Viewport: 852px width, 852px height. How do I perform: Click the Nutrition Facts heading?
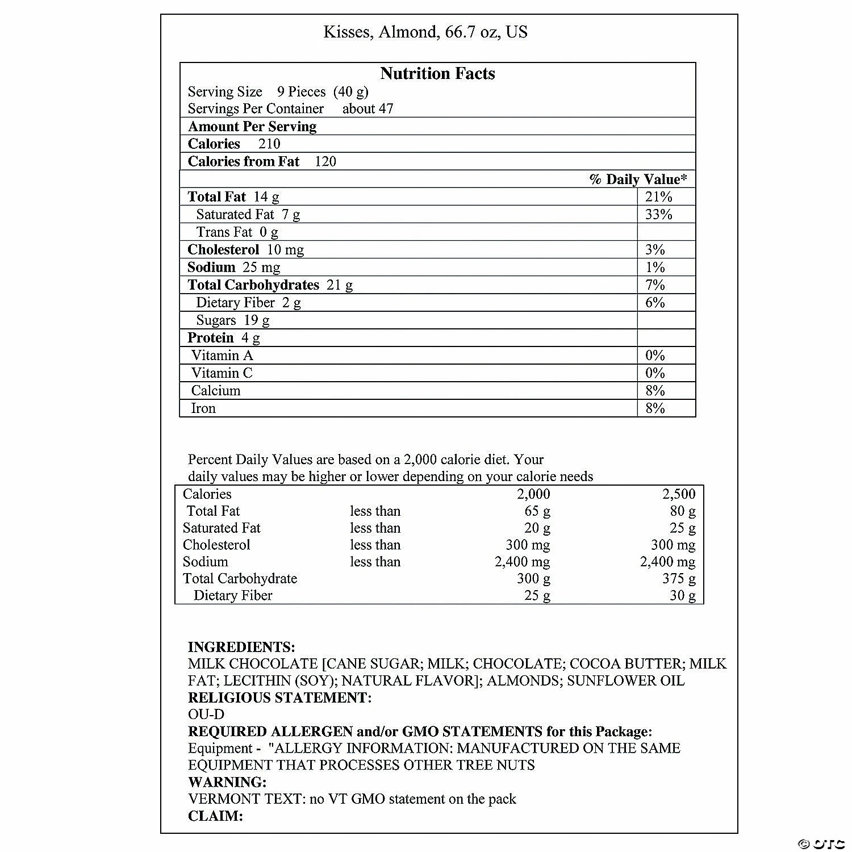(437, 74)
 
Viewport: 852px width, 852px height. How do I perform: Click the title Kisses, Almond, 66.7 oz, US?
(425, 32)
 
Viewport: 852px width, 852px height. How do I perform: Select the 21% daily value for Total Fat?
(658, 197)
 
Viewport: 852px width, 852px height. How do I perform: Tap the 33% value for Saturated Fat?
(658, 215)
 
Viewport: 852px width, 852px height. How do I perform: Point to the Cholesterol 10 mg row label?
(245, 250)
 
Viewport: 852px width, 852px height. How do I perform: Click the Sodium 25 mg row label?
(233, 268)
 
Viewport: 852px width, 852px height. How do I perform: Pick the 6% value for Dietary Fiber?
(655, 303)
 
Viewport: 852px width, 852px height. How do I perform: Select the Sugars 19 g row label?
(233, 320)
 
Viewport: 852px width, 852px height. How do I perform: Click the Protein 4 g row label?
(224, 338)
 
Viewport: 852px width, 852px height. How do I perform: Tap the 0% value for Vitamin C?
(655, 373)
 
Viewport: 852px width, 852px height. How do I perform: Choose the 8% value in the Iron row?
(655, 408)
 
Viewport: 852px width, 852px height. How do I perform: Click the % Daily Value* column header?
(638, 179)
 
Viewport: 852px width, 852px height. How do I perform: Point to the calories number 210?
(269, 144)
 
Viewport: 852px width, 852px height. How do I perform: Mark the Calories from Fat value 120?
(325, 162)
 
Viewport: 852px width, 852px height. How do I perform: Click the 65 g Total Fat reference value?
(537, 511)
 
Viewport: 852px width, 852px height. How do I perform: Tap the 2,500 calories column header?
(678, 494)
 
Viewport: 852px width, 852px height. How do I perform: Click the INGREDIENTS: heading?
(241, 647)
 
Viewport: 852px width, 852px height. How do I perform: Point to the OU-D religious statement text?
(206, 715)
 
